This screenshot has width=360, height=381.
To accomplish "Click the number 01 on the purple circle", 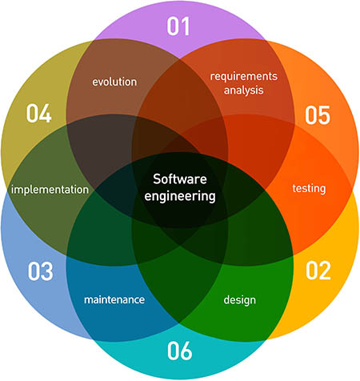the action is tap(178, 26).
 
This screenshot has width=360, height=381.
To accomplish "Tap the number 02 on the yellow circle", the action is tap(318, 271).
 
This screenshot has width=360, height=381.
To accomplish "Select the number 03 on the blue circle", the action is tap(40, 271).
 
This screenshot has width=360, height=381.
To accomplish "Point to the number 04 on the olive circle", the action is tap(38, 113).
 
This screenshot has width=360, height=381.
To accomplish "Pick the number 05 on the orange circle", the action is tap(318, 115).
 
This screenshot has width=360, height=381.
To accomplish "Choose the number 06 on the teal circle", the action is tap(179, 351).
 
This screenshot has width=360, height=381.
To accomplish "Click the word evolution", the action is tap(114, 82).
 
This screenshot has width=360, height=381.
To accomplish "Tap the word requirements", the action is tap(244, 77).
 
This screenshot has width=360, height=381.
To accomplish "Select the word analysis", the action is tap(243, 90).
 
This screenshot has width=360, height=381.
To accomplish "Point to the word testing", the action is tap(309, 188).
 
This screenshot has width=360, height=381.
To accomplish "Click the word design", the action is tap(240, 300).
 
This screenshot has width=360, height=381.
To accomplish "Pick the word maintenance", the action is tap(114, 299).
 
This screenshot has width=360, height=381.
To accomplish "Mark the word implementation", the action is tap(50, 190).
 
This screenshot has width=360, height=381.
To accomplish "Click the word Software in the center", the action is tap(180, 179).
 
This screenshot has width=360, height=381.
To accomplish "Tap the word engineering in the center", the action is tap(180, 197).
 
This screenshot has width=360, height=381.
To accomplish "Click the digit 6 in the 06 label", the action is tap(186, 351).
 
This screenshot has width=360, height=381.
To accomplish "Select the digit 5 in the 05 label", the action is tap(324, 115).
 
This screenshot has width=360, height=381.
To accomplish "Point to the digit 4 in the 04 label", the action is tap(46, 113).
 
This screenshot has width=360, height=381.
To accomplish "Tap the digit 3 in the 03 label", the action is tap(47, 271).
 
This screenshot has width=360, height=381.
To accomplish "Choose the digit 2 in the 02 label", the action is tap(325, 271).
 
